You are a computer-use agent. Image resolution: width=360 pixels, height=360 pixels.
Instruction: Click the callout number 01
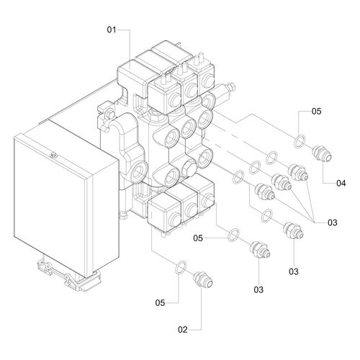pos(112,30)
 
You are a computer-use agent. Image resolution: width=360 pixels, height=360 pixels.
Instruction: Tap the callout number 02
pos(183,330)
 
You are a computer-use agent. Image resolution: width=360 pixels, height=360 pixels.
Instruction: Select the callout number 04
pos(341,184)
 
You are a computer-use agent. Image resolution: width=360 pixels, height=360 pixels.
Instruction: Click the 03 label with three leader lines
pos(333,222)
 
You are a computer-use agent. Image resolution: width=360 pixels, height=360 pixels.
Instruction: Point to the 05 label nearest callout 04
pos(316,112)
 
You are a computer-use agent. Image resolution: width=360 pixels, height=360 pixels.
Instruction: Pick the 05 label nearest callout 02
pos(160,303)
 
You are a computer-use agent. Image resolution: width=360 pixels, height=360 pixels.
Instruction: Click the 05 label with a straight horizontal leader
pos(198,238)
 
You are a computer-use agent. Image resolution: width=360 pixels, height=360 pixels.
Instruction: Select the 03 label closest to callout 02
pos(258,290)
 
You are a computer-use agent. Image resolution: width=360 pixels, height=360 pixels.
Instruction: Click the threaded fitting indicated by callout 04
pos(322,154)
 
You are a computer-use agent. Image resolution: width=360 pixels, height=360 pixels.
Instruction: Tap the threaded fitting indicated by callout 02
pos(203,280)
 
